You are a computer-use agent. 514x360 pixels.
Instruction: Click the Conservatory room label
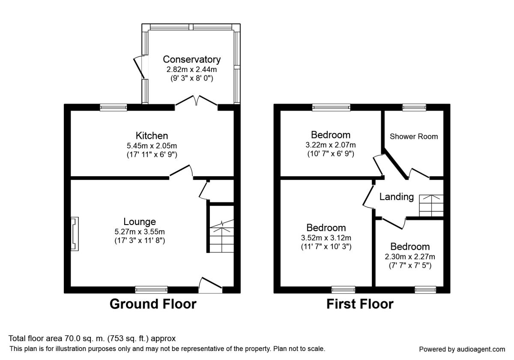(192, 60)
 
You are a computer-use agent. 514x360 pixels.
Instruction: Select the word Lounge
(140, 222)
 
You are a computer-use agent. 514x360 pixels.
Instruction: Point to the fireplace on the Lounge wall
(75, 234)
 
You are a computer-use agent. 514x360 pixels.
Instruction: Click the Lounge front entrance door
(210, 285)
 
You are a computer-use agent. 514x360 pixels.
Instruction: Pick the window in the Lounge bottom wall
(151, 290)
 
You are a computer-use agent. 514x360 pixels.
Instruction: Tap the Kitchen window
(114, 108)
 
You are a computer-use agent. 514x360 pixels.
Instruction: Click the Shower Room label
(414, 136)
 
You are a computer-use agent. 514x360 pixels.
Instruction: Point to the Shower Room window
(414, 108)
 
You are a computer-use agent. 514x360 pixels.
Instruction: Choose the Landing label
(397, 197)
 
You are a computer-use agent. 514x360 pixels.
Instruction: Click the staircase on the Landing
(431, 205)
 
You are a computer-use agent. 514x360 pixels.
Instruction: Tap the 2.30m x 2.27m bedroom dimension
(410, 257)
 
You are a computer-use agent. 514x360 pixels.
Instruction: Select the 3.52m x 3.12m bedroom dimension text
(326, 237)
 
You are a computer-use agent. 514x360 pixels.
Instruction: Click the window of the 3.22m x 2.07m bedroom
(331, 108)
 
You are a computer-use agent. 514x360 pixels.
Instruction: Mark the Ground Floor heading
(153, 304)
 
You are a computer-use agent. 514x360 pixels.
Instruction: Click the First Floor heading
(360, 304)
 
